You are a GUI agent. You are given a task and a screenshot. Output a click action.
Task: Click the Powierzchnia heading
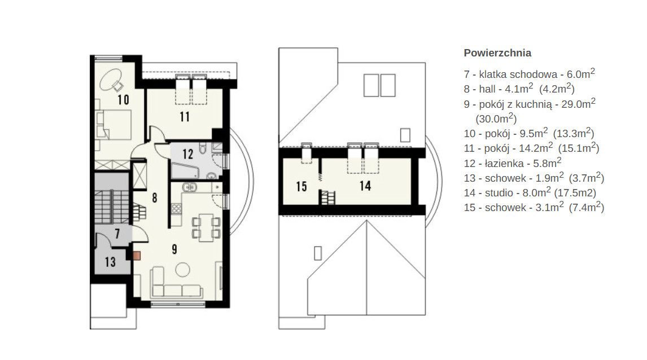click(x=497, y=53)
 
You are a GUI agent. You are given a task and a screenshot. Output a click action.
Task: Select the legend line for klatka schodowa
click(x=530, y=74)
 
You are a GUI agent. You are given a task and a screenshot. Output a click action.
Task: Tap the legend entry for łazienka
click(x=513, y=163)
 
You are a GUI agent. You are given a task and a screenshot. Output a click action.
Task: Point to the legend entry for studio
click(x=530, y=192)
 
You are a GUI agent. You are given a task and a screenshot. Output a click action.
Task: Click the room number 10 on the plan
click(x=123, y=99)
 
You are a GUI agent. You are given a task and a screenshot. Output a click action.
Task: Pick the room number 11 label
click(x=185, y=117)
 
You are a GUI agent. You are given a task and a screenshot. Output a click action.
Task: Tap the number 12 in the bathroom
click(x=188, y=154)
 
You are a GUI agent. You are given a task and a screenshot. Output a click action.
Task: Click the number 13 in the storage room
click(x=110, y=261)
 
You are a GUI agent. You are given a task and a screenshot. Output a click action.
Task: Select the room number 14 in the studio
click(x=365, y=186)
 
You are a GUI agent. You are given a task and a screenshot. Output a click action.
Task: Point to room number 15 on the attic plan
click(x=301, y=186)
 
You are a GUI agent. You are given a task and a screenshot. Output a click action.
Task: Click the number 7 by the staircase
click(x=117, y=234)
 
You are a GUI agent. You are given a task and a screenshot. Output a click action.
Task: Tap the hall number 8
click(x=154, y=198)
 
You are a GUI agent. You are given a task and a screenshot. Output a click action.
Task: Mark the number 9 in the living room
click(x=174, y=249)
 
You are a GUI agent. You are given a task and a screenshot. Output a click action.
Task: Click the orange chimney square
click(x=137, y=256)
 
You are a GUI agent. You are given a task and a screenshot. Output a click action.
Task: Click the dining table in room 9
click(x=206, y=227)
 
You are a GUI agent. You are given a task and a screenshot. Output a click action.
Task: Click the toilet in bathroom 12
click(x=203, y=148)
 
